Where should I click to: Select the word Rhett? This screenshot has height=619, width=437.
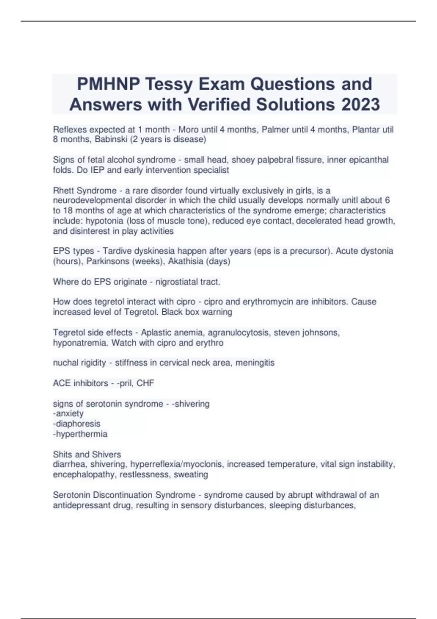64,190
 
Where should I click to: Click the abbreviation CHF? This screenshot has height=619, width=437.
145,383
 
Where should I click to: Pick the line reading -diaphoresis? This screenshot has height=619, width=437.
76,424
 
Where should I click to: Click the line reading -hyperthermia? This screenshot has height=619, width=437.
80,434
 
